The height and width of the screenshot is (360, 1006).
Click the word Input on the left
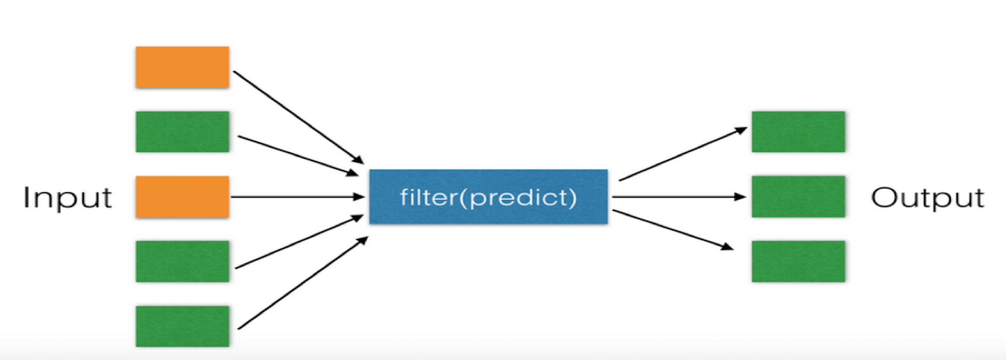coord(67,197)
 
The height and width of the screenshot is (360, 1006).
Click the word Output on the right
coord(927,197)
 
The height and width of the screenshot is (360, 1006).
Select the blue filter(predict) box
coord(488,196)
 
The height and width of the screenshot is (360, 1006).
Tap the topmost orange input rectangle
coord(182,67)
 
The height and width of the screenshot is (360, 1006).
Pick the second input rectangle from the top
coord(182,132)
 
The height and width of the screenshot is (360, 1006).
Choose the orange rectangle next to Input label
coord(182,196)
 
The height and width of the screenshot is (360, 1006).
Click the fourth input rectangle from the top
coord(182,262)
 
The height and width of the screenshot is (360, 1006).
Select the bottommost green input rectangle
coord(182,326)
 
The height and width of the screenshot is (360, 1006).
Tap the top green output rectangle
coord(798,132)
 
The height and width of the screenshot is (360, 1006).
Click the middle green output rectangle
coord(798,196)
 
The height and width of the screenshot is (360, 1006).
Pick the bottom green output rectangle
coord(798,262)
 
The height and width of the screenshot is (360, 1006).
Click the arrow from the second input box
coord(298,156)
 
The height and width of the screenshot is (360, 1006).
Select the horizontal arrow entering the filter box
coord(297,197)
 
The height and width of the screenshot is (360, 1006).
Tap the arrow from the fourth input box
coord(299,242)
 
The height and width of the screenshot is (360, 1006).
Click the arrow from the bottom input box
coord(302,283)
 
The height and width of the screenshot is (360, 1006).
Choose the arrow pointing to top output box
coord(682,154)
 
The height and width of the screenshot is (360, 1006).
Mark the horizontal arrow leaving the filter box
coord(678,197)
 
